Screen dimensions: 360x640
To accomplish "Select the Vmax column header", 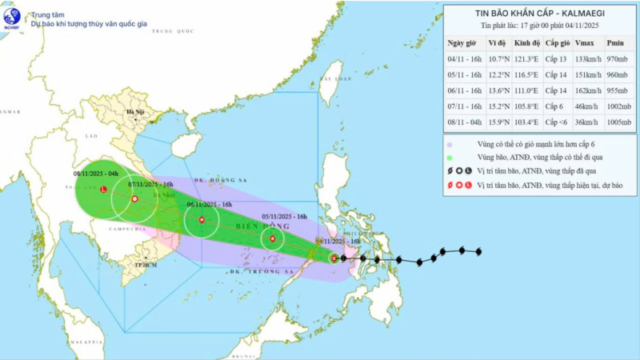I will tap(584, 42).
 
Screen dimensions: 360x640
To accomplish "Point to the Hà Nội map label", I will tap(134, 113).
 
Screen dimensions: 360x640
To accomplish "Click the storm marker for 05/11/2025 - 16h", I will tap(273, 238).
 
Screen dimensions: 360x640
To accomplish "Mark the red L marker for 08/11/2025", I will tap(102, 190).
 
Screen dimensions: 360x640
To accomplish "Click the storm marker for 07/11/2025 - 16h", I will tap(134, 198).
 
